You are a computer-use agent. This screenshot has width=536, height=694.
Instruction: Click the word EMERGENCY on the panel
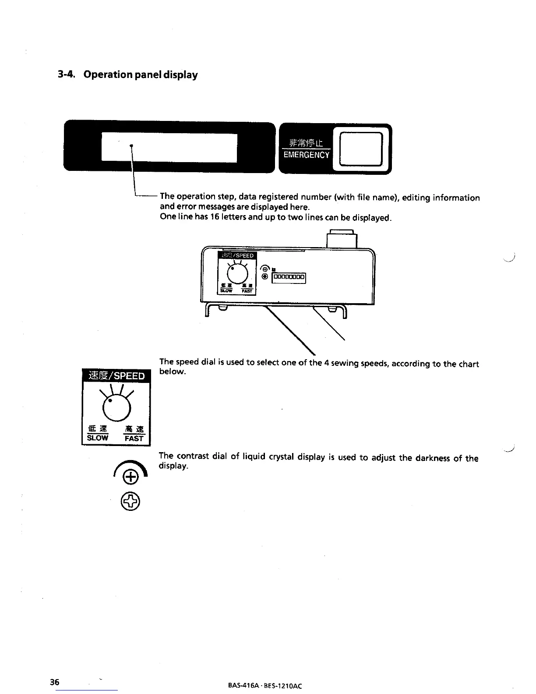pos(306,155)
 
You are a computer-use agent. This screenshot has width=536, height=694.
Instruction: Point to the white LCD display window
pos(169,148)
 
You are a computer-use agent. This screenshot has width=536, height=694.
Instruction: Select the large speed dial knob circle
pos(116,407)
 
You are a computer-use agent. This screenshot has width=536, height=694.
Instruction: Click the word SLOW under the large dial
pos(97,438)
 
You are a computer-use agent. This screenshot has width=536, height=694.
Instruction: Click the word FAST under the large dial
pos(134,438)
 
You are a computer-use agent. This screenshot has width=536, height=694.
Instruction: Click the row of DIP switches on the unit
pos(289,277)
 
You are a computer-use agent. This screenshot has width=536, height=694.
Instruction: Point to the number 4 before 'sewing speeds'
pos(326,363)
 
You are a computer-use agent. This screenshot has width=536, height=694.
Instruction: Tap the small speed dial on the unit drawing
pos(237,275)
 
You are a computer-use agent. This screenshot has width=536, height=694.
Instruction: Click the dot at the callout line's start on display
pos(131,145)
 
